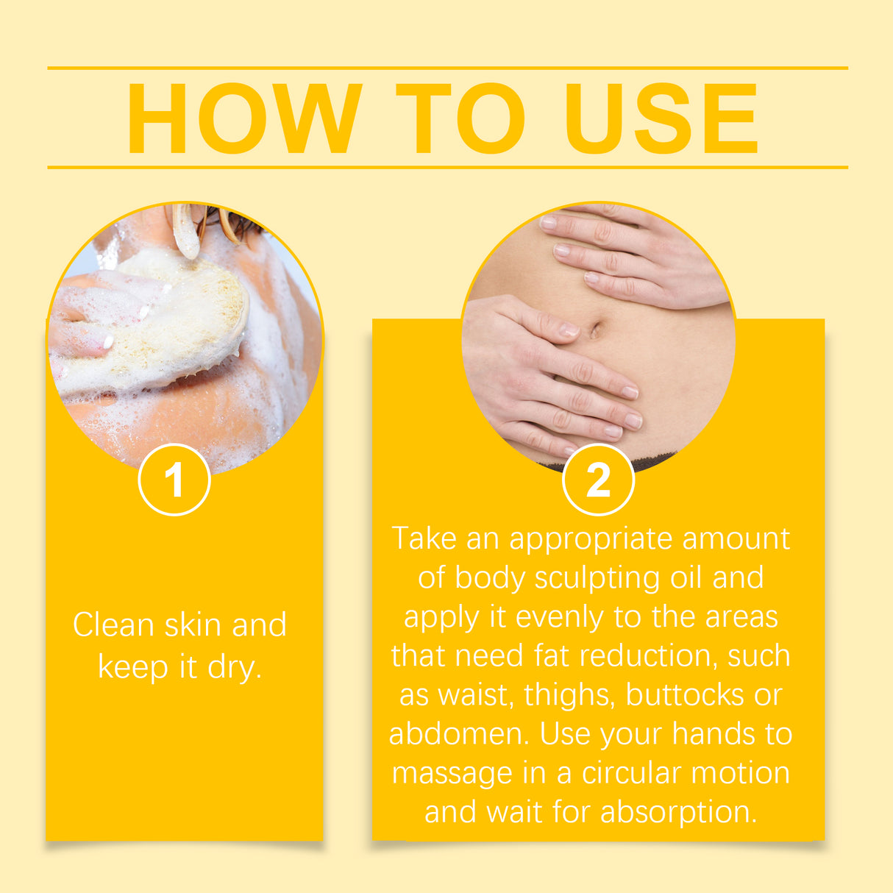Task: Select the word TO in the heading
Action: (x=460, y=118)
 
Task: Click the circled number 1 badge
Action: (x=174, y=480)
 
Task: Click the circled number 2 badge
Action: (x=598, y=480)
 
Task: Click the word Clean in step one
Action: (x=113, y=625)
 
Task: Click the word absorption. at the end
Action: (x=678, y=812)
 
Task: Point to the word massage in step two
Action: (x=452, y=773)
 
